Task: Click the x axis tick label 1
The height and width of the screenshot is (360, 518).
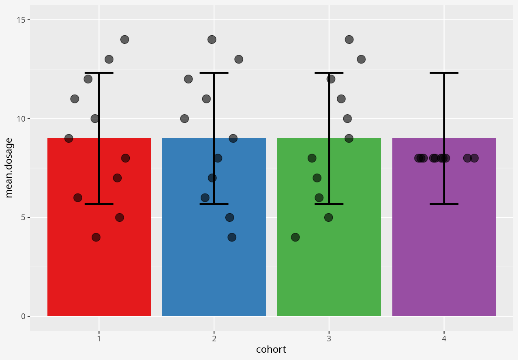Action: [x=99, y=339]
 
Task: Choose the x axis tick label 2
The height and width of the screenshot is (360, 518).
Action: [x=214, y=339]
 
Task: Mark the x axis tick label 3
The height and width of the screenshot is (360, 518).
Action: [x=329, y=339]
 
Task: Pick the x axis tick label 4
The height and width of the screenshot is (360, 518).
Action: [x=444, y=339]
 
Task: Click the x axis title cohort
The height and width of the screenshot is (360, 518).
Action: [x=271, y=349]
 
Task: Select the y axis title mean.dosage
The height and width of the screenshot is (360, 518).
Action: [x=9, y=168]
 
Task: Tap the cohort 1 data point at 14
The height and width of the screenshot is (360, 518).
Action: [x=124, y=40]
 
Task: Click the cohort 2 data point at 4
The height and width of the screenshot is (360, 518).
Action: [x=232, y=237]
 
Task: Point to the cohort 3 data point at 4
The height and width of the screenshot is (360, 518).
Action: [x=295, y=237]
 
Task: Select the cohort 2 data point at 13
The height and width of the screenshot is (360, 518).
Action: [x=239, y=59]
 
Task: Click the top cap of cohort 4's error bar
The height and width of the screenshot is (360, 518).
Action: [x=444, y=73]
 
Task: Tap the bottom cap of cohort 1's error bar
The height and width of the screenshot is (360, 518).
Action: [x=99, y=204]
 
